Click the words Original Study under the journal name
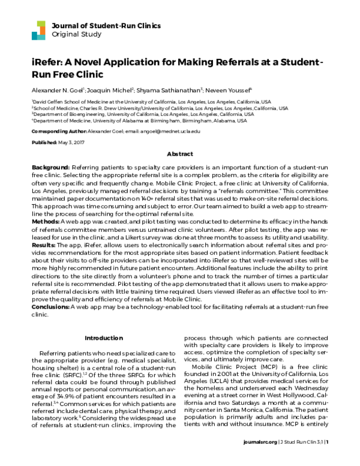click(x=76, y=34)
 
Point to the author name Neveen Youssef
click(x=230, y=89)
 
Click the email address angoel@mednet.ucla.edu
click(x=170, y=131)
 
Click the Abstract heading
click(x=179, y=154)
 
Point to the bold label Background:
click(x=51, y=166)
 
